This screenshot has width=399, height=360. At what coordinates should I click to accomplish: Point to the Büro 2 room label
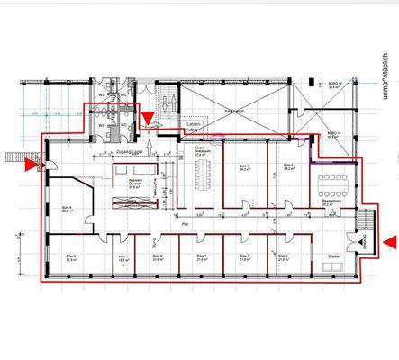[244, 256]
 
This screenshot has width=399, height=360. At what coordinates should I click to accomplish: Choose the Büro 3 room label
[203, 256]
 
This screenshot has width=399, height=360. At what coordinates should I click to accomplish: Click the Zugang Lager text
[132, 153]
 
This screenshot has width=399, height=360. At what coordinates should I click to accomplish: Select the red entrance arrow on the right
[388, 241]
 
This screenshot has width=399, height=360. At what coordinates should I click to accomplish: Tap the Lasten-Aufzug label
[191, 126]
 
